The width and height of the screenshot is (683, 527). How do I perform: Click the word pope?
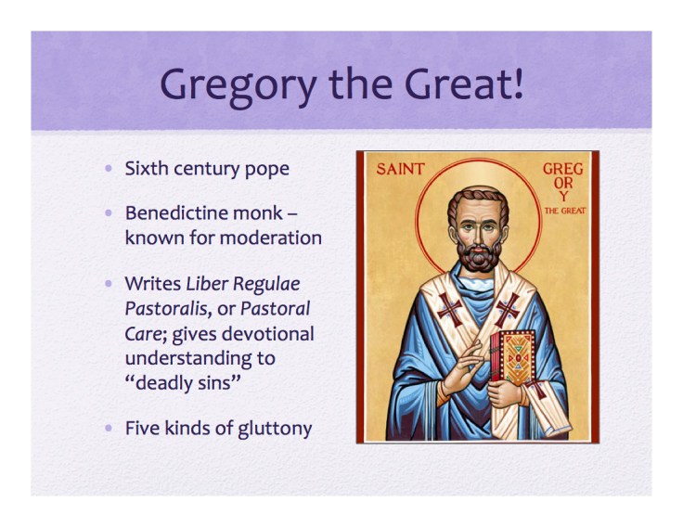coord(268,170)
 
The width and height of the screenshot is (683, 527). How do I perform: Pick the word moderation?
coord(269,238)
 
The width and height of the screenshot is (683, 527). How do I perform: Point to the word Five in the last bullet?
coord(141,429)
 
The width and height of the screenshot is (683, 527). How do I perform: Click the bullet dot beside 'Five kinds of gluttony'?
coord(110,429)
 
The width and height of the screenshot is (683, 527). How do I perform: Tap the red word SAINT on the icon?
coord(401,170)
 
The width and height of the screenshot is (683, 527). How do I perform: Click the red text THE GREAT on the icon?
coord(565,211)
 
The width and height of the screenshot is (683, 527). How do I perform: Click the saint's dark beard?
coord(479,256)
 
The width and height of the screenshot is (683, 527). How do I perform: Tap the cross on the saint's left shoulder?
coord(509,308)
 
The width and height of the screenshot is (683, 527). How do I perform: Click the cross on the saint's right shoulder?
coord(449,308)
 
